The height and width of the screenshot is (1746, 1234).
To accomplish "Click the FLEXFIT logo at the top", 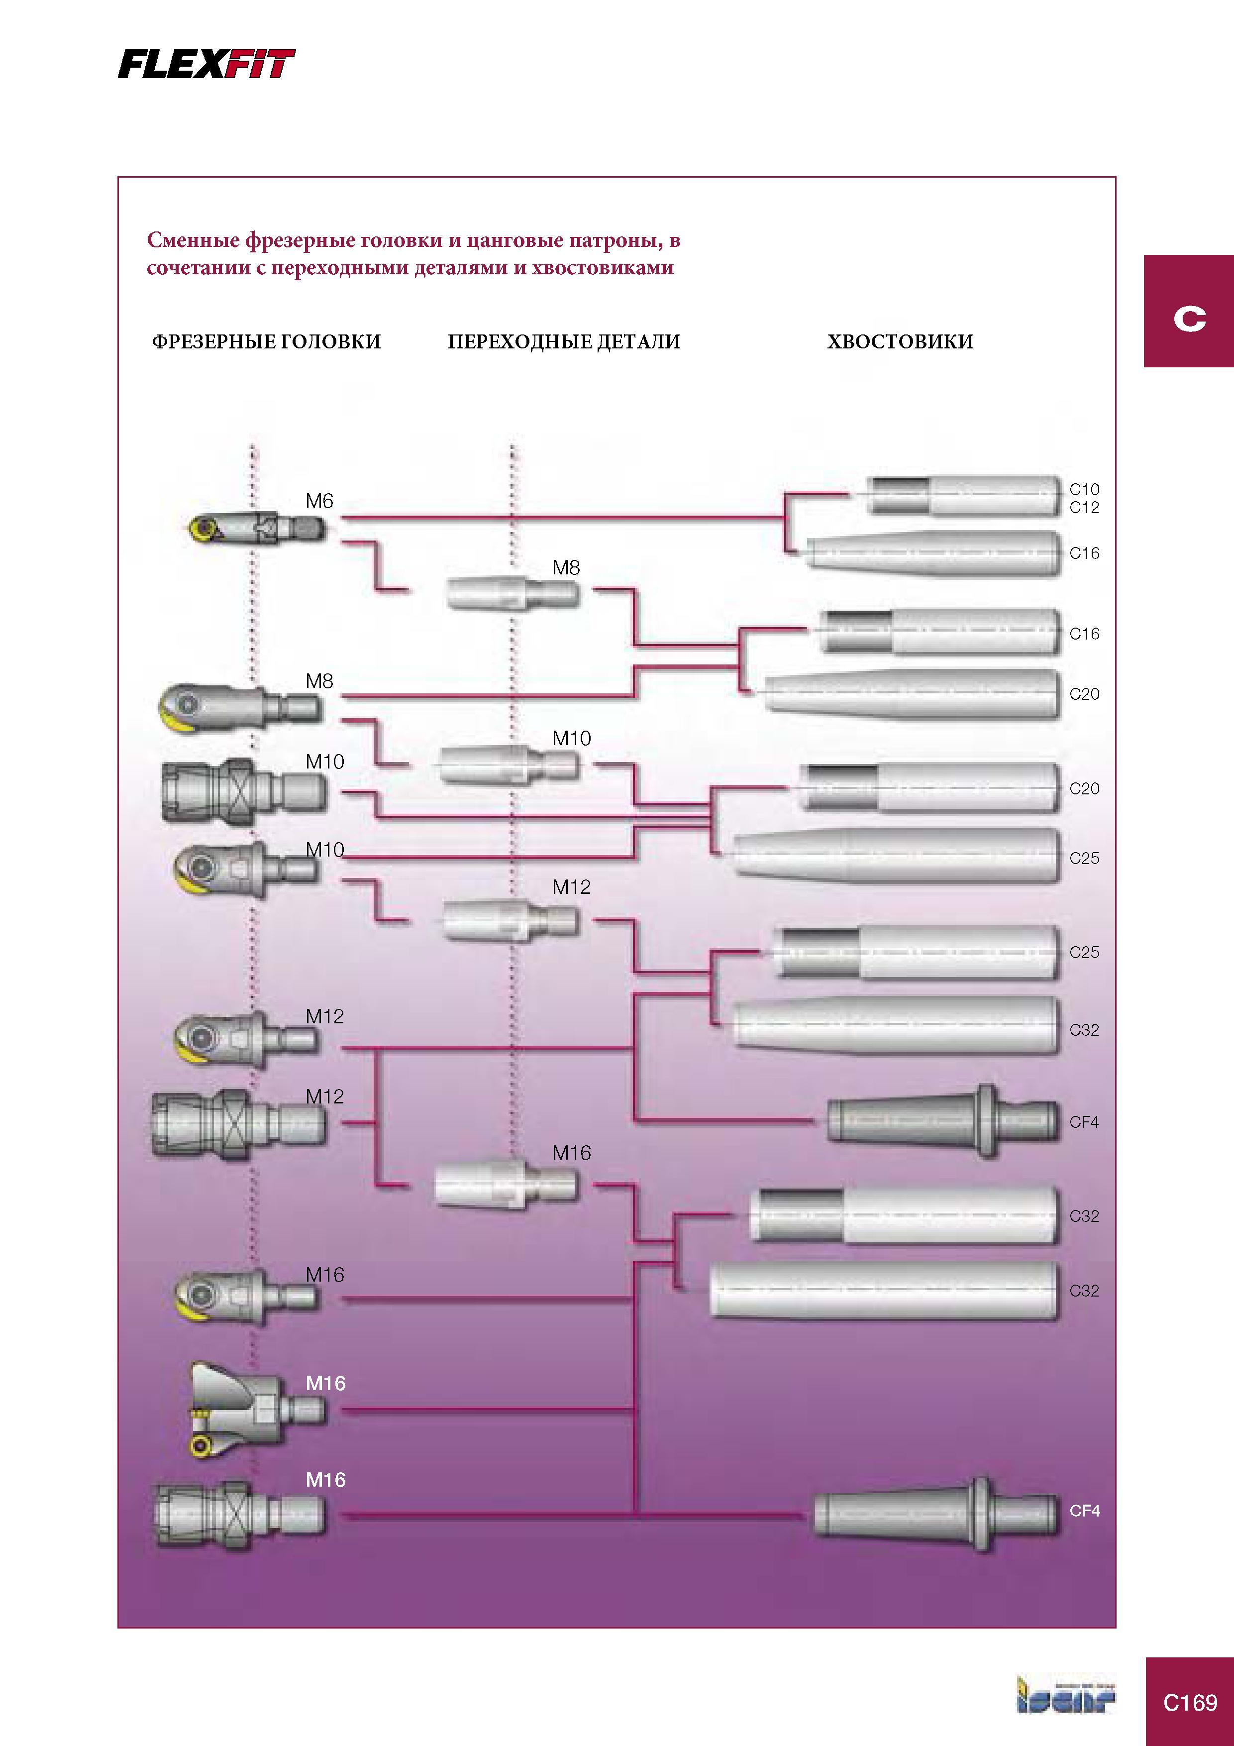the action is click(206, 64).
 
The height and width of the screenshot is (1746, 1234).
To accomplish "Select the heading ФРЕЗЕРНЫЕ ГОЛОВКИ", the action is click(266, 341).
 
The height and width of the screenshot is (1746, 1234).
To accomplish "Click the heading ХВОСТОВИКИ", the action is click(900, 341).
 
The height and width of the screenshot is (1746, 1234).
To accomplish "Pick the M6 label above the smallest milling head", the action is click(319, 501).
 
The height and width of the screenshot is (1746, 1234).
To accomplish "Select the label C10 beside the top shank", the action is click(1084, 489).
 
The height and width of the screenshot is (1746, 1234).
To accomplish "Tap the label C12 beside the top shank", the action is click(1084, 507).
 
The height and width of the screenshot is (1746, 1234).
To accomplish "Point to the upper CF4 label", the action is click(1084, 1122).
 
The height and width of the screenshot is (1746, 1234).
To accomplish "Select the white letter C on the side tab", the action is click(1190, 318).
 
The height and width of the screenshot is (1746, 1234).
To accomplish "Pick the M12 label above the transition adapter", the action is click(571, 887).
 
